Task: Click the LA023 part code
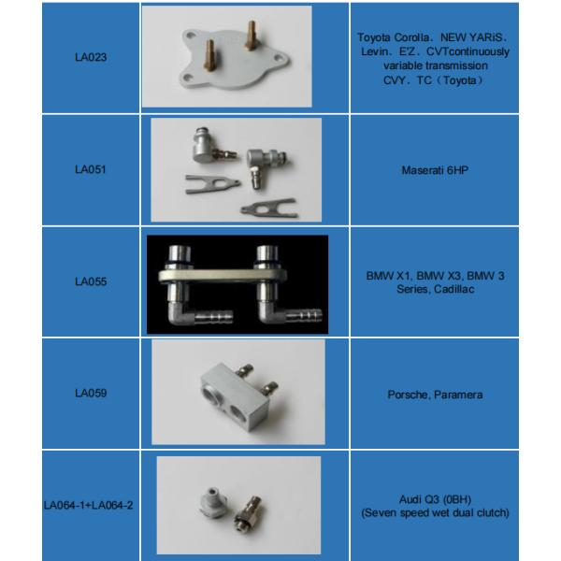click(x=91, y=57)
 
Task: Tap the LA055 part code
click(x=91, y=280)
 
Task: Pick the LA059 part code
click(x=91, y=394)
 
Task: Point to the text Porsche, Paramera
click(x=435, y=395)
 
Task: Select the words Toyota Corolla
click(x=390, y=36)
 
